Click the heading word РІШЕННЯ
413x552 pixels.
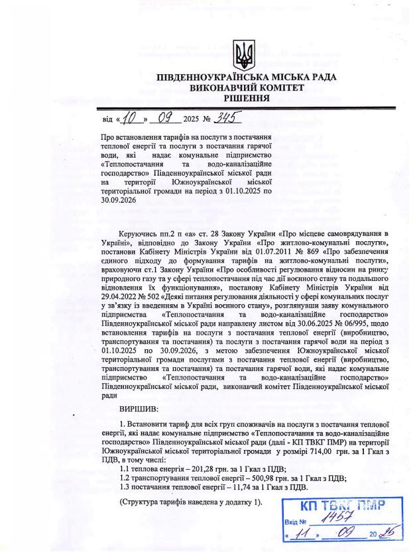click(246, 98)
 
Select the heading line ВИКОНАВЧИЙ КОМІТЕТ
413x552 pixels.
click(246, 87)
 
